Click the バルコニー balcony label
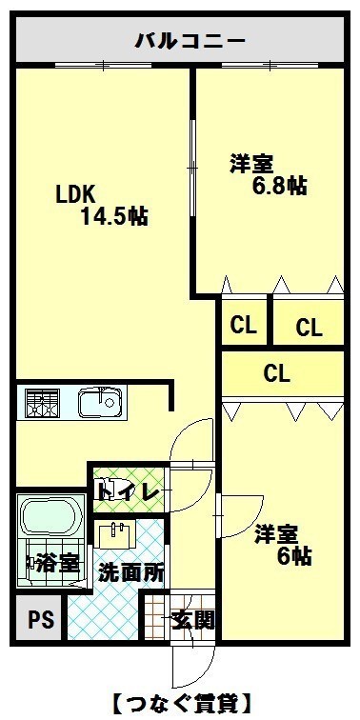(x=190, y=42)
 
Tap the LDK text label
(x=75, y=195)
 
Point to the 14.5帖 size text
(x=114, y=216)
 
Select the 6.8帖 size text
(x=280, y=185)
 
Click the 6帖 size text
(x=295, y=556)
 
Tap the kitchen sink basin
(x=101, y=402)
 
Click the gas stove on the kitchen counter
(x=42, y=403)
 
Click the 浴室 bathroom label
(x=57, y=564)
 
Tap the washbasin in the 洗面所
(x=117, y=533)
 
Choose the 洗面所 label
(x=131, y=572)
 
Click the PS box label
(x=41, y=620)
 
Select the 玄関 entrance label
(x=192, y=621)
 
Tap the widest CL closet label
(x=277, y=373)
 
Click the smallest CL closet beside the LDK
(x=243, y=326)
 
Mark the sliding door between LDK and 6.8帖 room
(x=193, y=168)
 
